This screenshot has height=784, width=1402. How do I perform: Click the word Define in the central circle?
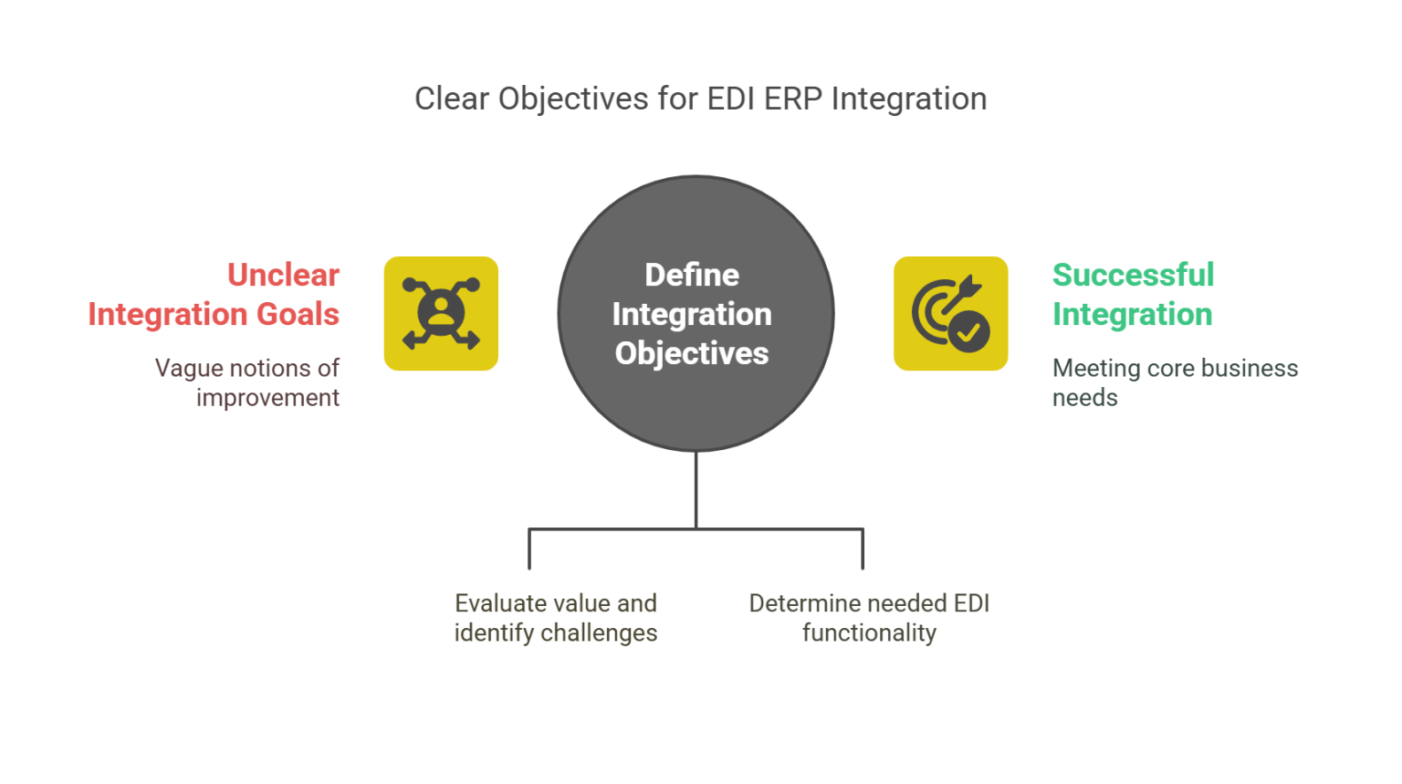tap(692, 275)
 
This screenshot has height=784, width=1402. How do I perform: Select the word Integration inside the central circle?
tap(692, 314)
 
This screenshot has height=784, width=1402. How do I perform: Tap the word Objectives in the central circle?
tap(692, 353)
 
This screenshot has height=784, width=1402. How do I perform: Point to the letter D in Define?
tap(654, 275)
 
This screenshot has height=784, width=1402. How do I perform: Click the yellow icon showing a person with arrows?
tap(442, 313)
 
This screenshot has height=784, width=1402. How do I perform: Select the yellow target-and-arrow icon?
tap(949, 313)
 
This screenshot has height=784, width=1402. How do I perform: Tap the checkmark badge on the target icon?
tap(968, 333)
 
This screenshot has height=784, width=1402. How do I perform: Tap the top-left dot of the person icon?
tap(410, 284)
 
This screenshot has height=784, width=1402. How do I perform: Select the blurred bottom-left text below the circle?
tap(554, 617)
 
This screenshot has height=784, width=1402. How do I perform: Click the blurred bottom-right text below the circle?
tap(867, 617)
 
